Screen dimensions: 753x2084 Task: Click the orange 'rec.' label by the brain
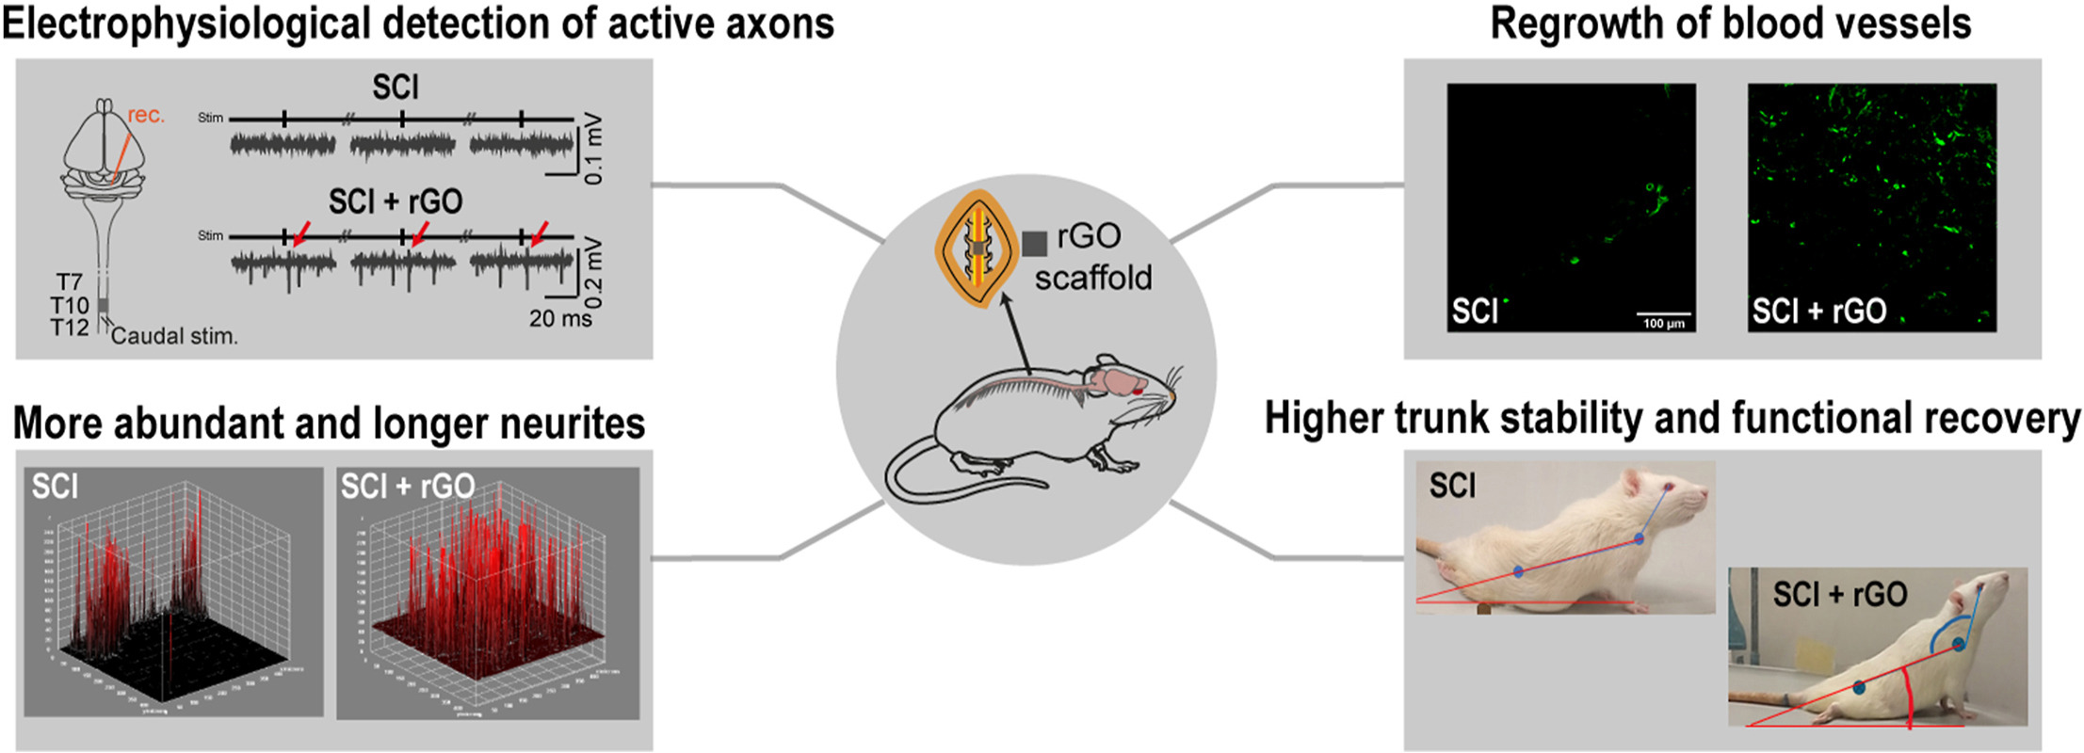(x=146, y=115)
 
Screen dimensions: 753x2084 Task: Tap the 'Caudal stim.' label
(x=174, y=336)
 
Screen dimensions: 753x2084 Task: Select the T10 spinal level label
(x=70, y=305)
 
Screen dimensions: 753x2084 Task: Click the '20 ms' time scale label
(x=560, y=319)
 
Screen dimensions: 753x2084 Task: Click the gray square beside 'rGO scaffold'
(x=1035, y=244)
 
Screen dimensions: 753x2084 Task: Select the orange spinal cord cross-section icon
(x=977, y=248)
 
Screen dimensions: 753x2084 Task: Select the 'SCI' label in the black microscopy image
(x=1474, y=311)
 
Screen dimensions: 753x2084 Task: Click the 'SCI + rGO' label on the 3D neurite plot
(x=407, y=486)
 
